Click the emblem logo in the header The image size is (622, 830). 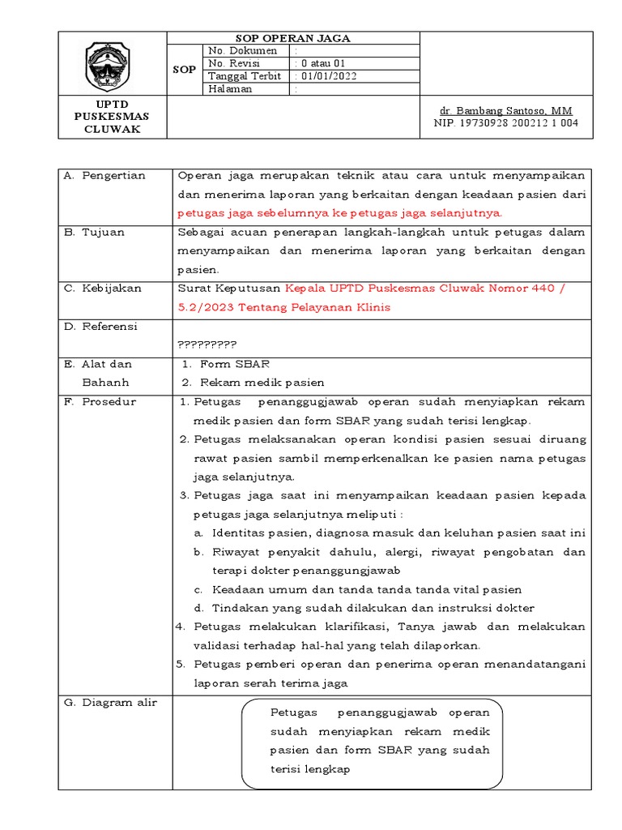pyautogui.click(x=113, y=64)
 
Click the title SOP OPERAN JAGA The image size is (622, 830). pyautogui.click(x=293, y=38)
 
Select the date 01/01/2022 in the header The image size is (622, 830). pyautogui.click(x=327, y=76)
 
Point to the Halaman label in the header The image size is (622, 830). pyautogui.click(x=231, y=89)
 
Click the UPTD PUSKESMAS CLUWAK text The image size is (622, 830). pyautogui.click(x=113, y=117)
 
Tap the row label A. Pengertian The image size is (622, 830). pyautogui.click(x=105, y=176)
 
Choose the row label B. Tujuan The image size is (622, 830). pyautogui.click(x=96, y=233)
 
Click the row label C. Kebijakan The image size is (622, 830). pyautogui.click(x=103, y=289)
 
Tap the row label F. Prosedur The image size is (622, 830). pyautogui.click(x=101, y=402)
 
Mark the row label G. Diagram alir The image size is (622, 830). pyautogui.click(x=111, y=703)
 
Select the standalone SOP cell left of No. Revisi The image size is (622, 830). pyautogui.click(x=184, y=70)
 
